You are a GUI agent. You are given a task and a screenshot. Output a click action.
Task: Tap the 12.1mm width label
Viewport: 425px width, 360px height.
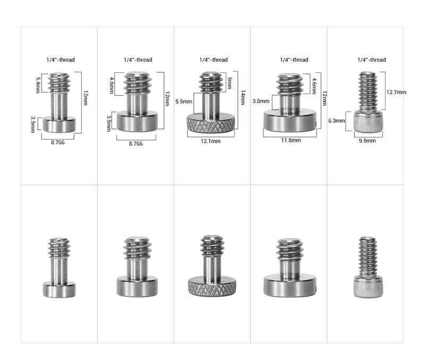[211, 141]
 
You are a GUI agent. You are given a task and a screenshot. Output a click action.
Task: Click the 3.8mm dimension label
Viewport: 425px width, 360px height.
[261, 101]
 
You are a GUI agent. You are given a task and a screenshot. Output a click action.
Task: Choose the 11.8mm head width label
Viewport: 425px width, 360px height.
[290, 140]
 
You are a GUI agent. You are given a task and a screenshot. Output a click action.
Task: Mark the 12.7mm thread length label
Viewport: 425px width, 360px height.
[396, 92]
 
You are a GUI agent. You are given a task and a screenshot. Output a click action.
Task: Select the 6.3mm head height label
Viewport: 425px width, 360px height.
[337, 121]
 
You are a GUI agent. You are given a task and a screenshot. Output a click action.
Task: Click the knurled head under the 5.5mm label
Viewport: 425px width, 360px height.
[211, 125]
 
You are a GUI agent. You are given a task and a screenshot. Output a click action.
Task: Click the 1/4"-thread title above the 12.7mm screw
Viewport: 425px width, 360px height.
[371, 60]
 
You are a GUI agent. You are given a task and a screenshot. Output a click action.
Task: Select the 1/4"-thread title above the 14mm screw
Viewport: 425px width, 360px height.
[214, 60]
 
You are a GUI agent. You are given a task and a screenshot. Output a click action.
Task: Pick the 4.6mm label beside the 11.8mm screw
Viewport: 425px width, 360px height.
[315, 85]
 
